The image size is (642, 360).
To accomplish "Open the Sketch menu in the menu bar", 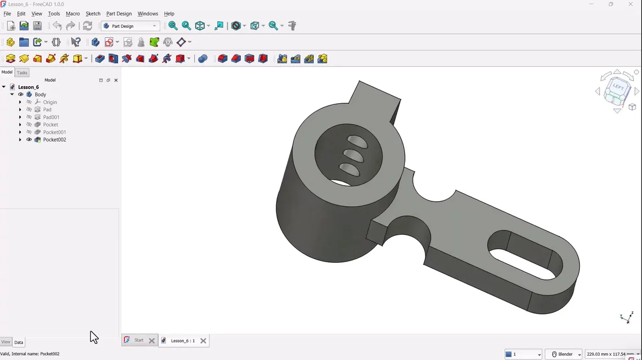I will [x=93, y=13].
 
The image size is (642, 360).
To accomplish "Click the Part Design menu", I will [x=119, y=13].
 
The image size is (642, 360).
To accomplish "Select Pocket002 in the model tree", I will [x=55, y=140].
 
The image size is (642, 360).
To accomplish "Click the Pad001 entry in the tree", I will [x=51, y=117].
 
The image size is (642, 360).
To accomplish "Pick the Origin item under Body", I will [x=50, y=102].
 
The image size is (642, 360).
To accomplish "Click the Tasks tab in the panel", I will [x=22, y=73].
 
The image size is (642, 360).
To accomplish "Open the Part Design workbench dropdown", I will [x=131, y=26].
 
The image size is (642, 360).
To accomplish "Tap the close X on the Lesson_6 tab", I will [x=203, y=341].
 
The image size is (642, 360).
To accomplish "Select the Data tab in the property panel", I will [x=19, y=342].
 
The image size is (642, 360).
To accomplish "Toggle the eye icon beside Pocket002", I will [x=29, y=140].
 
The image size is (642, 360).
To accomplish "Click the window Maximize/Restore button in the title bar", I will [x=610, y=4].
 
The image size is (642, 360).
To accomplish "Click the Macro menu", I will [x=73, y=13].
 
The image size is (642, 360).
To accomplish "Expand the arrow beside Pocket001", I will [x=20, y=132].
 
